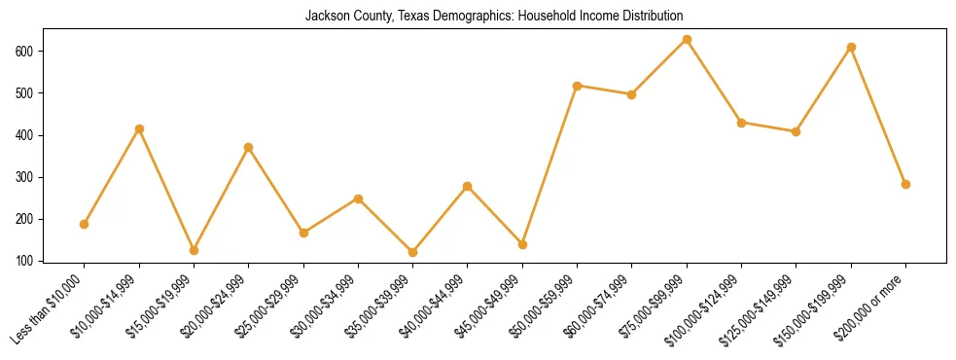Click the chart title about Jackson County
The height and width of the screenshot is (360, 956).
click(494, 16)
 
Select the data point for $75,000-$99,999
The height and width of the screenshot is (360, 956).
click(687, 40)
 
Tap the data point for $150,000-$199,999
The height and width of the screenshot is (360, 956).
click(851, 47)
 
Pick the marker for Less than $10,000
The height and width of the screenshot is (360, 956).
click(85, 224)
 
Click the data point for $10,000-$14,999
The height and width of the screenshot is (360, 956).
click(139, 128)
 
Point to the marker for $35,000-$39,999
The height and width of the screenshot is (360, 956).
click(413, 252)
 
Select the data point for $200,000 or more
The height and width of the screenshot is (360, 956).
click(905, 184)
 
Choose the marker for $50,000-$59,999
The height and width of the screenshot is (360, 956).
click(578, 86)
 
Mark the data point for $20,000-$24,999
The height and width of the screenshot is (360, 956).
click(249, 147)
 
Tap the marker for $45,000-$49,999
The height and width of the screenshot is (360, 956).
click(522, 244)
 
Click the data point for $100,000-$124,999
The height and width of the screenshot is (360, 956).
click(741, 123)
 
